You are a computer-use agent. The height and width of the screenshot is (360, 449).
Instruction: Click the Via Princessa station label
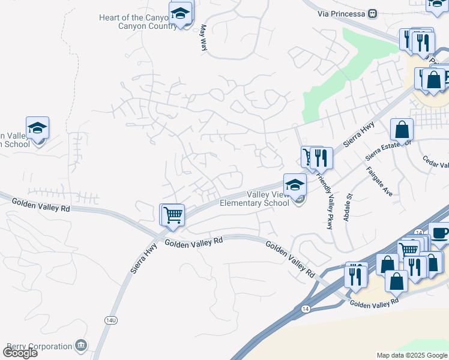[x=343, y=13]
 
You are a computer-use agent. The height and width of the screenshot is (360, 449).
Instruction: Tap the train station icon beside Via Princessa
[x=372, y=13]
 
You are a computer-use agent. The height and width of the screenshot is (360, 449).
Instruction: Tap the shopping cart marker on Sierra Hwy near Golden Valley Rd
[x=172, y=214]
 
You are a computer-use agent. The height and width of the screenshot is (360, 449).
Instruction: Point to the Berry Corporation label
[x=40, y=346]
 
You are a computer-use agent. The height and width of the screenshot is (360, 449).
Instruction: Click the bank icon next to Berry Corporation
[x=81, y=346]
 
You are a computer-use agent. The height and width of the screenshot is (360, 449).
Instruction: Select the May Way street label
[x=203, y=37]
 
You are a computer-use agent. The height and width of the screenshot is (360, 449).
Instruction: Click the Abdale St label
[x=347, y=208]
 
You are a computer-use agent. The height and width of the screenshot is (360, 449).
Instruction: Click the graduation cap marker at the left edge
[x=37, y=128]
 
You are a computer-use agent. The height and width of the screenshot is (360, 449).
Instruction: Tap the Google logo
[x=20, y=353]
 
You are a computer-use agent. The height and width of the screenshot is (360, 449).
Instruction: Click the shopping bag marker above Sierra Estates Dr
[x=402, y=130]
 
